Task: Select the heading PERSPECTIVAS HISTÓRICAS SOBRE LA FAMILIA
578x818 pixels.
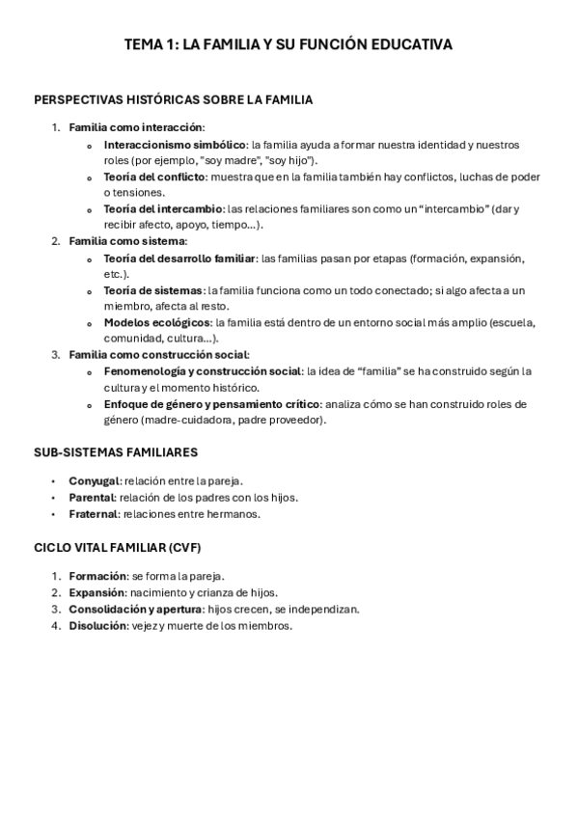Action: click(173, 99)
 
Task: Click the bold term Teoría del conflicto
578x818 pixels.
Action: click(154, 177)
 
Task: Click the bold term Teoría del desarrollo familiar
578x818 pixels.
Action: click(179, 259)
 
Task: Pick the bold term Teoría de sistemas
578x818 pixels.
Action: click(152, 290)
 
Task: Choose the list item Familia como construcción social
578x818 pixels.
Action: click(158, 355)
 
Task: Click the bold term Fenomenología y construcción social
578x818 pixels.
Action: click(203, 371)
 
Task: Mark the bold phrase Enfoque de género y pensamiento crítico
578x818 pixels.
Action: click(211, 404)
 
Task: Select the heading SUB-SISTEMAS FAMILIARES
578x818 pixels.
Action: click(116, 451)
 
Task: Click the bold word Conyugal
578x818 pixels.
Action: click(94, 480)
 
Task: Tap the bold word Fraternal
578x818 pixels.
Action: click(93, 514)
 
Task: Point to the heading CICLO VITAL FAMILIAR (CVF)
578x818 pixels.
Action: click(117, 547)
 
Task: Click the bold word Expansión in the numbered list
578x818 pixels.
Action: click(97, 592)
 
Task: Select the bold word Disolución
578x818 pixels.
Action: click(97, 625)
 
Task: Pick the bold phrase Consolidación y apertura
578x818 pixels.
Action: click(134, 609)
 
